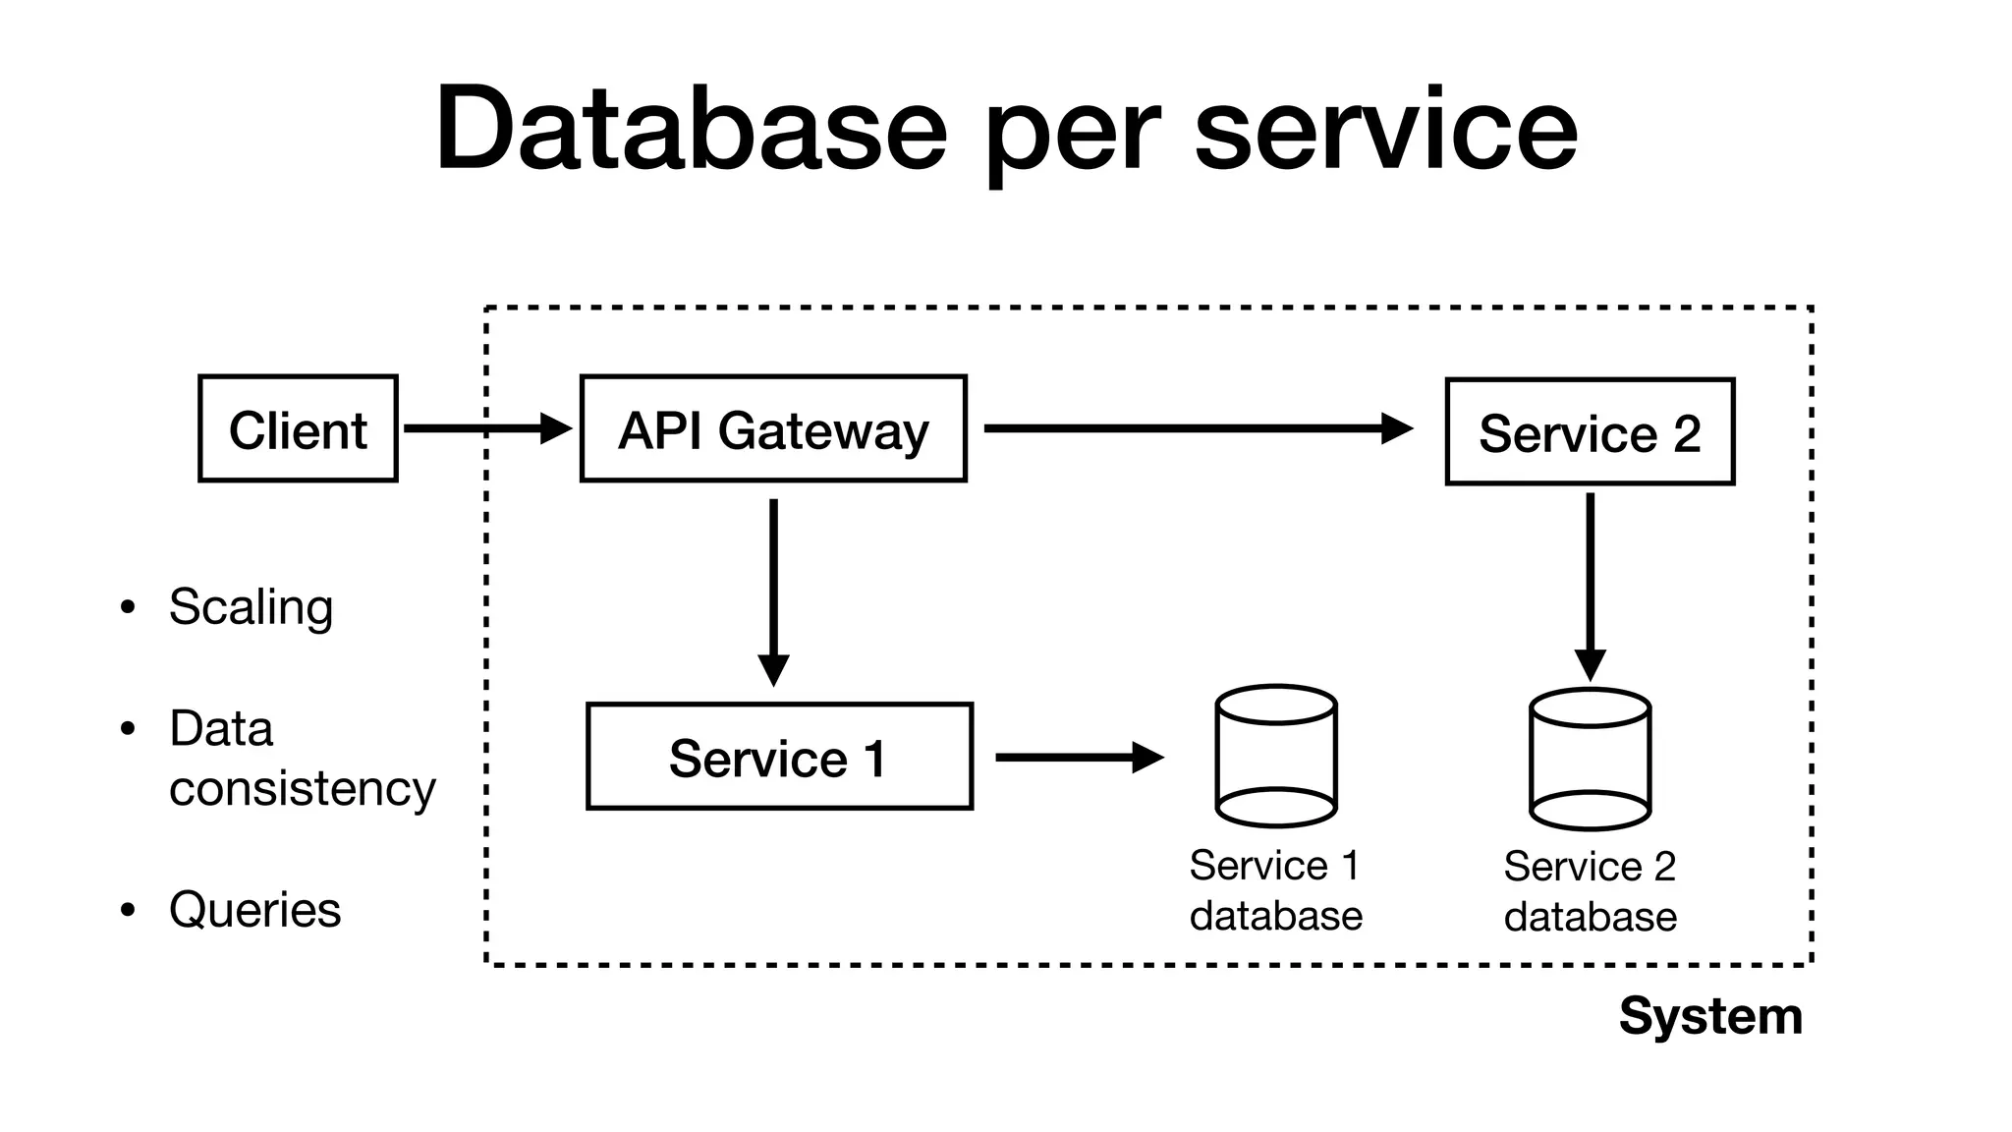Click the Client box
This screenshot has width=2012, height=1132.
point(298,428)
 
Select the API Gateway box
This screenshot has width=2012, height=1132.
point(773,428)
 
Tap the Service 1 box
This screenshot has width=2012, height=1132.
point(779,757)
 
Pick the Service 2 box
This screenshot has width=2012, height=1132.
point(1590,431)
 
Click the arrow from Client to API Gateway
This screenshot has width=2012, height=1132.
point(486,428)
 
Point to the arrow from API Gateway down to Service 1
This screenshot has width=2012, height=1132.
point(773,590)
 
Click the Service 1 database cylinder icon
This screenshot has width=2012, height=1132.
point(1275,757)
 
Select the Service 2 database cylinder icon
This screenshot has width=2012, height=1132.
point(1590,760)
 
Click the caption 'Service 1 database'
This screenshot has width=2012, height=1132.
point(1275,890)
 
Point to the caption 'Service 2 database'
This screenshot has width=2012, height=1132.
point(1590,891)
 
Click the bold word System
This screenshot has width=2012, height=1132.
point(1710,1015)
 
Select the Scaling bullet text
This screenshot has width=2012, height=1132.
point(251,606)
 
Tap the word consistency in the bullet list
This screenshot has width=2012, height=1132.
point(302,788)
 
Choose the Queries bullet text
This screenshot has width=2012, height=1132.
point(254,909)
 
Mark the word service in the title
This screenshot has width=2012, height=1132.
point(1385,129)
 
